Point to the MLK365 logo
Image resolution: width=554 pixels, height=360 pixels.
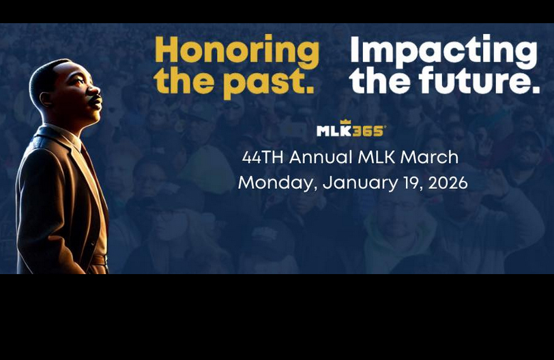351,130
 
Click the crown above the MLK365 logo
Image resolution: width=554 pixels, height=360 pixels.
345,122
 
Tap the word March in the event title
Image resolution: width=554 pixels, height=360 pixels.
429,157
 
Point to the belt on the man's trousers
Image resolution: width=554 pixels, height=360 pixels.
100,260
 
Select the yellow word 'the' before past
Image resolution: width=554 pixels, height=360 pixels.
180,81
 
